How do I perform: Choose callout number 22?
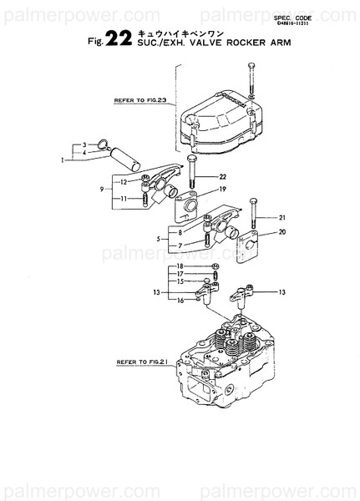coord(222,177)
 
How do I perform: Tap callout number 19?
coord(222,190)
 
